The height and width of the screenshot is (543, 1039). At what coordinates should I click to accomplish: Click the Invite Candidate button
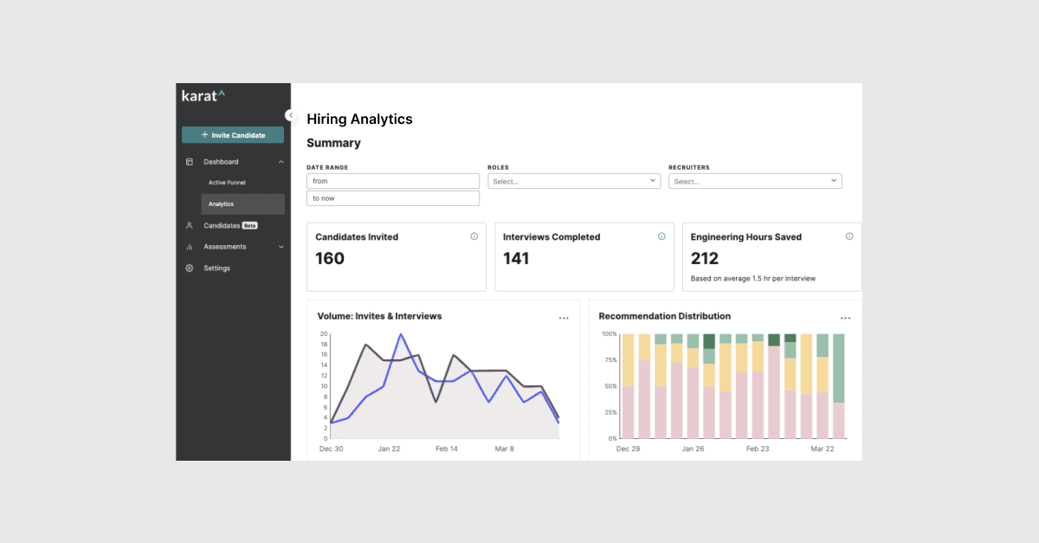coord(232,135)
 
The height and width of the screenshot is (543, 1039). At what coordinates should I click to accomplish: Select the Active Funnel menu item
coord(226,183)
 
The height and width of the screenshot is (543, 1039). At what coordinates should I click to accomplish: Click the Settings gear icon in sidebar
coord(190,268)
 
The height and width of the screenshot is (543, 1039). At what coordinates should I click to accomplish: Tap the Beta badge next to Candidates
coord(249,225)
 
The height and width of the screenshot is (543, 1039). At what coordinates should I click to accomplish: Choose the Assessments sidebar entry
coord(224,247)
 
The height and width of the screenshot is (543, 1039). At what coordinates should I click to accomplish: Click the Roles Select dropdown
coord(573,181)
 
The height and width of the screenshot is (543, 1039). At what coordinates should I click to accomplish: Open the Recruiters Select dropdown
coord(754,181)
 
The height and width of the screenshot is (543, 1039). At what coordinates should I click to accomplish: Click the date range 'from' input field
coord(392,181)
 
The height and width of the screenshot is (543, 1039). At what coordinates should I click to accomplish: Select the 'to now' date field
coord(392,198)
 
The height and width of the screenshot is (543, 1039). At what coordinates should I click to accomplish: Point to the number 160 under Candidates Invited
coord(330,258)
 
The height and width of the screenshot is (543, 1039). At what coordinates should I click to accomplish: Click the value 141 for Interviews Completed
coord(516,258)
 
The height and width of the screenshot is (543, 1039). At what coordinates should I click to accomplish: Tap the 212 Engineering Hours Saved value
coord(705,258)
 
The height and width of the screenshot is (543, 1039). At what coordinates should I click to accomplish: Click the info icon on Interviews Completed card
coord(661,236)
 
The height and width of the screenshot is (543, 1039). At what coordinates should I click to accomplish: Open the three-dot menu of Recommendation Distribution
coord(845,319)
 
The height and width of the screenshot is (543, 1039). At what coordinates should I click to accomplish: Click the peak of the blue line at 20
coord(400,334)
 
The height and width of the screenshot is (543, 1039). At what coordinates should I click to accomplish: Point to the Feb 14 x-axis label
coord(447,449)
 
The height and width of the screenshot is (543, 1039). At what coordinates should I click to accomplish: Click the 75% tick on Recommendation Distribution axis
coord(610,359)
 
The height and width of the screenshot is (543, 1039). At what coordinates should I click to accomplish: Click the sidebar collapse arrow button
coord(291,115)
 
